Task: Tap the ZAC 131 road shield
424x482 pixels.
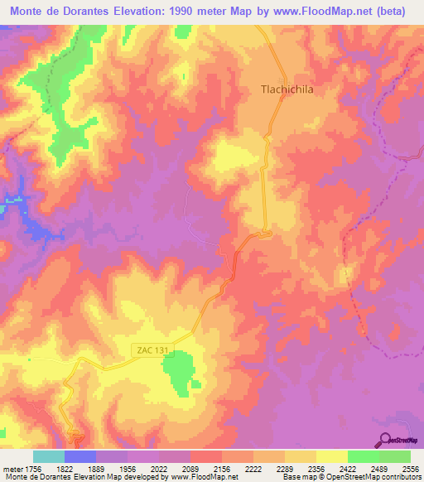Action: click(150, 350)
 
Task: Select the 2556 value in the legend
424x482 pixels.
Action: click(408, 468)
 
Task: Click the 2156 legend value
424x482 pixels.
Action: click(220, 468)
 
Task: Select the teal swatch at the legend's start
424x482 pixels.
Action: click(49, 456)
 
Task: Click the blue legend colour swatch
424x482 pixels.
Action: click(80, 456)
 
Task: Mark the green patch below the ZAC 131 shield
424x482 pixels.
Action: click(180, 374)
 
